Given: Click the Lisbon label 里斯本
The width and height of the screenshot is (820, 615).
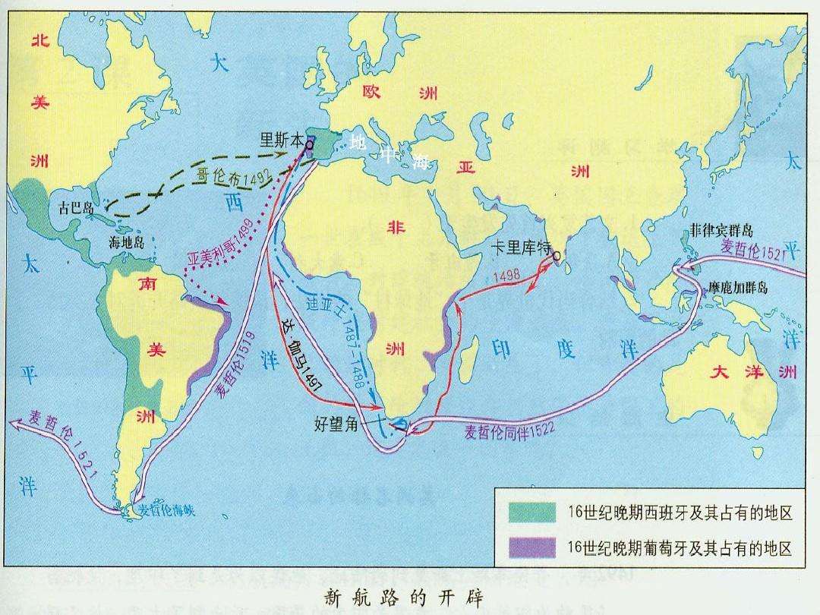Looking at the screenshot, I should [282, 140].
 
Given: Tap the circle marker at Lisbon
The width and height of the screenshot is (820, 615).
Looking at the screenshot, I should [310, 143].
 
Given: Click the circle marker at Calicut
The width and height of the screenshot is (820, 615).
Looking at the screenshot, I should [556, 256].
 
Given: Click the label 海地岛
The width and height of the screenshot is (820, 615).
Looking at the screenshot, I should [127, 243].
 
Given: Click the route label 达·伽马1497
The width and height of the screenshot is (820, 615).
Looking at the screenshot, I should [301, 355].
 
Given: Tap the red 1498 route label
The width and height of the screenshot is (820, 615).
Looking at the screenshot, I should [506, 276].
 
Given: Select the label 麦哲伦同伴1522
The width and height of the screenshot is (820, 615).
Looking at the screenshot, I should [509, 429].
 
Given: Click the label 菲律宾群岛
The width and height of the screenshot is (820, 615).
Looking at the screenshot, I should [722, 229].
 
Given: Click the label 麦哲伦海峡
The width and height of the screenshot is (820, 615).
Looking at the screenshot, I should [167, 510].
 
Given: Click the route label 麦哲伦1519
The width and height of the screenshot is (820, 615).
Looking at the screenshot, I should [236, 364].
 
